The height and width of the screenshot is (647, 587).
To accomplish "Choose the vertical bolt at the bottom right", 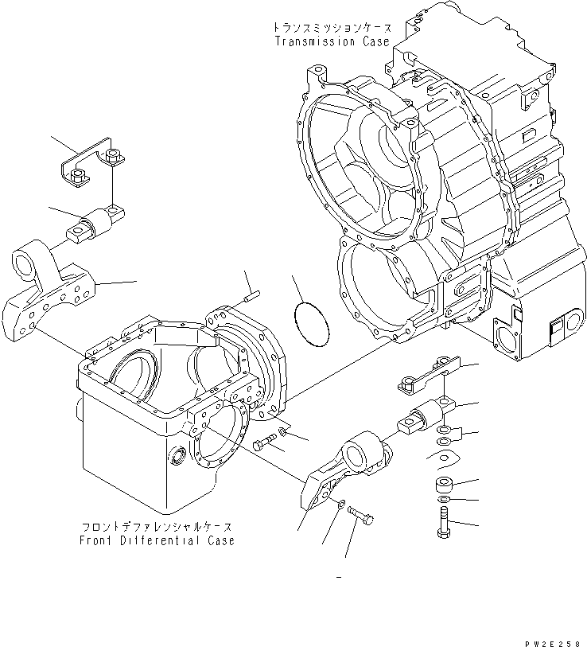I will [442, 522].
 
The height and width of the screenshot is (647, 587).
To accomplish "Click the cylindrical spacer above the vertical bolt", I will [442, 485].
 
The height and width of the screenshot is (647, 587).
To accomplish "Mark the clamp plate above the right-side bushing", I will [427, 376].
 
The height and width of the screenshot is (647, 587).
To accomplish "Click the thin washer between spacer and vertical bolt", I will [441, 501].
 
